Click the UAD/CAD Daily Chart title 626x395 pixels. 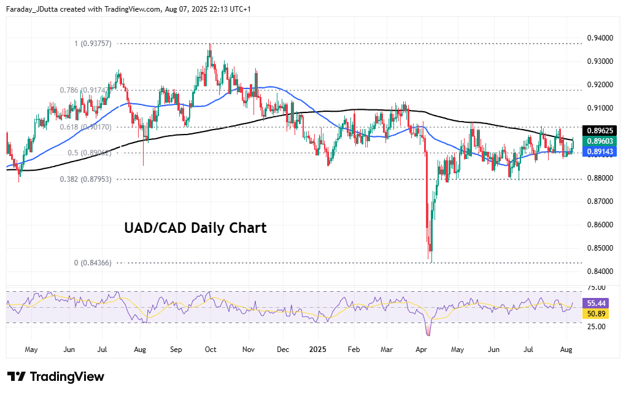pos(195,228)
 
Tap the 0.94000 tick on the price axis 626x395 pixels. pos(600,38)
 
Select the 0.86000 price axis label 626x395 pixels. pos(600,225)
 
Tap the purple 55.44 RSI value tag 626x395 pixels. pos(597,303)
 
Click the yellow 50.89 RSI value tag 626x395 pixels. pos(597,314)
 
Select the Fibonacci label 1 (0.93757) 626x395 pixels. pos(93,44)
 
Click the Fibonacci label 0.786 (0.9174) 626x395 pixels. pos(85,90)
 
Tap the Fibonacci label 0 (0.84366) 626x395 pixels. pos(93,263)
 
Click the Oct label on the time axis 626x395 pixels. pos(211,350)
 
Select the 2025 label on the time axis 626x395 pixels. pos(317,350)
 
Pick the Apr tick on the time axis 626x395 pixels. pos(421,350)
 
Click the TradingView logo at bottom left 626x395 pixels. pos(56,377)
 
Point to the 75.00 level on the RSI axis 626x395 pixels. pos(596,287)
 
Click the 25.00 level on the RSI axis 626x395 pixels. pos(596,326)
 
